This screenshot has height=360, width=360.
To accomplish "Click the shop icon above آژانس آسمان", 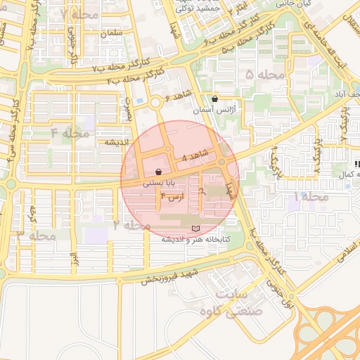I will click(214, 98).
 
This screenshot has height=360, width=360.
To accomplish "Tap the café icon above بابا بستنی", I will click(159, 171).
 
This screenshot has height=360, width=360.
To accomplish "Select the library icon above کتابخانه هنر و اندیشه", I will click(195, 229).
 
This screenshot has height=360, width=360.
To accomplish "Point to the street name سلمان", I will click(112, 33).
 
